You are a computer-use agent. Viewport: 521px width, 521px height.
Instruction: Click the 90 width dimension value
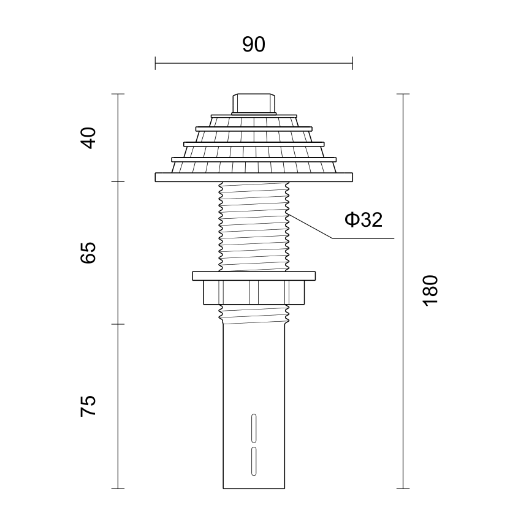click(x=254, y=45)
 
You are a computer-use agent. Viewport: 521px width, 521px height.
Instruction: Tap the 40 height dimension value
click(x=88, y=138)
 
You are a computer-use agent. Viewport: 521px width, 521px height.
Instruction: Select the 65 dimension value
click(x=88, y=253)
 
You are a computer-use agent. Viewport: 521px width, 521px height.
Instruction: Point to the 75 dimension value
click(x=88, y=406)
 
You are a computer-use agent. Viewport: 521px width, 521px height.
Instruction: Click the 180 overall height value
click(x=430, y=291)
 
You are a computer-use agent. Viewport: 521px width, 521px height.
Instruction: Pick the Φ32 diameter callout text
click(x=363, y=219)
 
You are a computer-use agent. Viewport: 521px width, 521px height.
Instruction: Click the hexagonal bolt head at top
click(x=254, y=104)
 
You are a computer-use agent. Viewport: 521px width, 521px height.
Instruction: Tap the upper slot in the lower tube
click(x=254, y=428)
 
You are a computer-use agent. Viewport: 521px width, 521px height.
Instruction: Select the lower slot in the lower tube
click(x=254, y=461)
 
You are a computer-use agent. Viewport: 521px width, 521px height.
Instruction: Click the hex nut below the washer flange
click(x=254, y=292)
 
